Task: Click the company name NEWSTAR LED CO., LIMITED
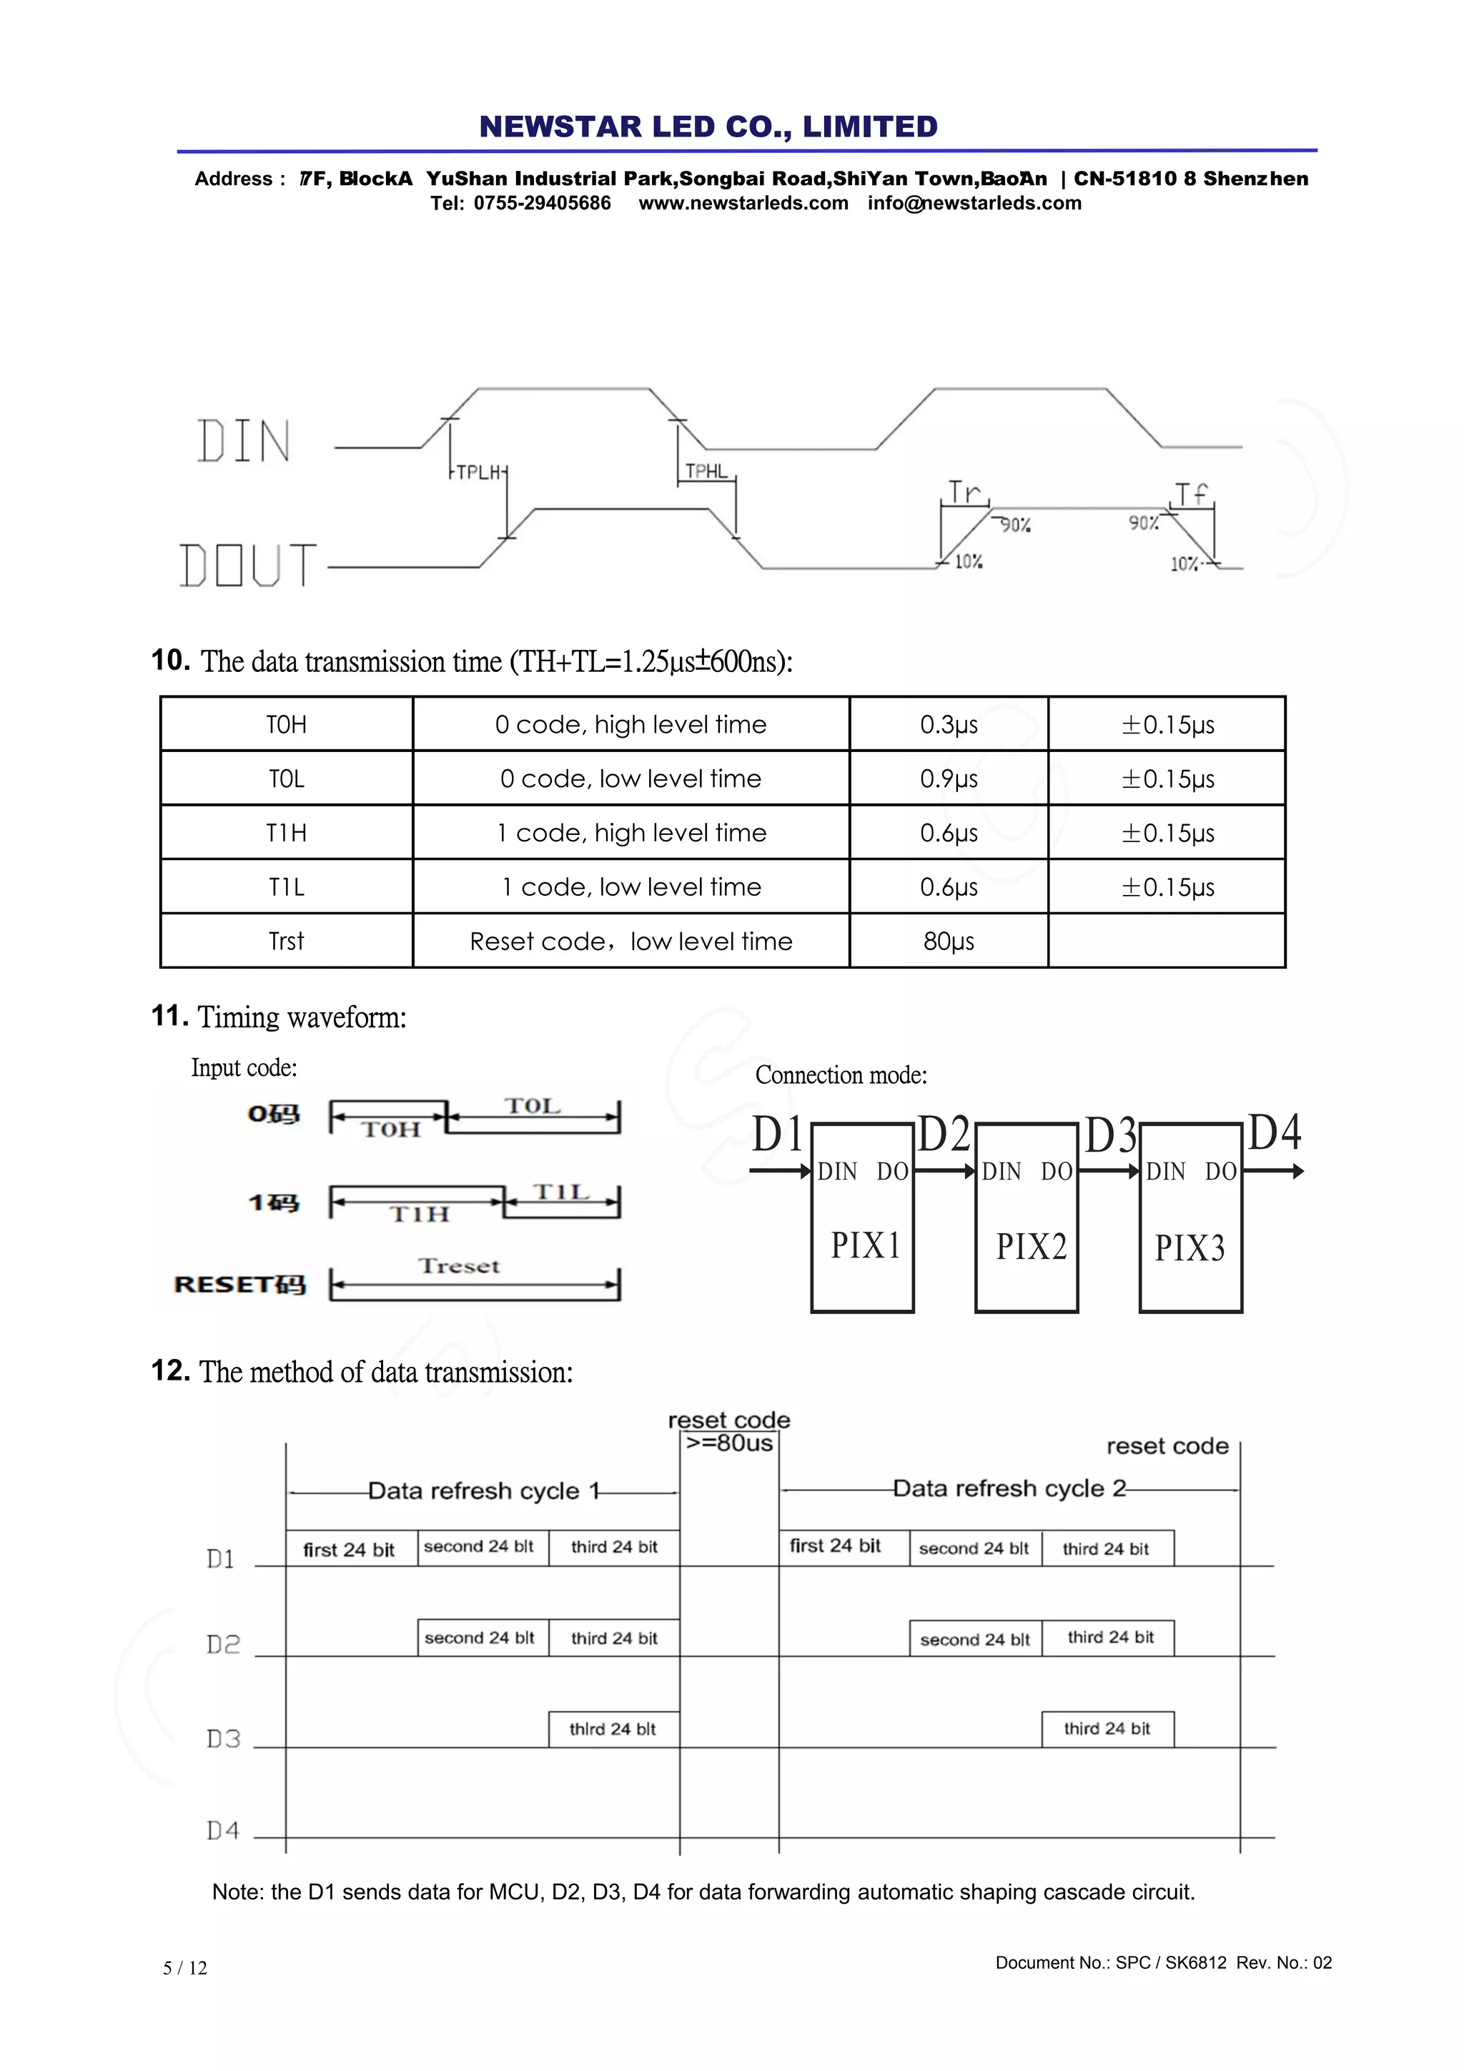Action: click(x=708, y=127)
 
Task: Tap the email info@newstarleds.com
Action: click(x=974, y=203)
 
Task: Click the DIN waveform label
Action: click(x=244, y=442)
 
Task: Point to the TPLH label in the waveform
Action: click(x=478, y=473)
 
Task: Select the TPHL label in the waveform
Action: click(x=706, y=471)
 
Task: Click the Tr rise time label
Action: click(x=964, y=493)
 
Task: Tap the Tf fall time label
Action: click(x=1191, y=494)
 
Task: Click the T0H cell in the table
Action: click(x=286, y=724)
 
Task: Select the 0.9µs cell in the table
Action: click(x=948, y=779)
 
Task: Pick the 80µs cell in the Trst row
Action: click(x=948, y=941)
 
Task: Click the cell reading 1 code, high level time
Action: click(x=631, y=833)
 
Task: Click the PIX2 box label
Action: click(x=1030, y=1247)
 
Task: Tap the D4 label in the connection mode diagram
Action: click(x=1274, y=1133)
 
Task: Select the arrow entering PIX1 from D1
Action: click(x=781, y=1171)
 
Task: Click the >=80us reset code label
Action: click(x=729, y=1443)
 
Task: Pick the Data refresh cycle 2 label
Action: click(x=1009, y=1488)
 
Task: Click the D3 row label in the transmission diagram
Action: click(x=223, y=1738)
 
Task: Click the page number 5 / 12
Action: click(x=185, y=1968)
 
